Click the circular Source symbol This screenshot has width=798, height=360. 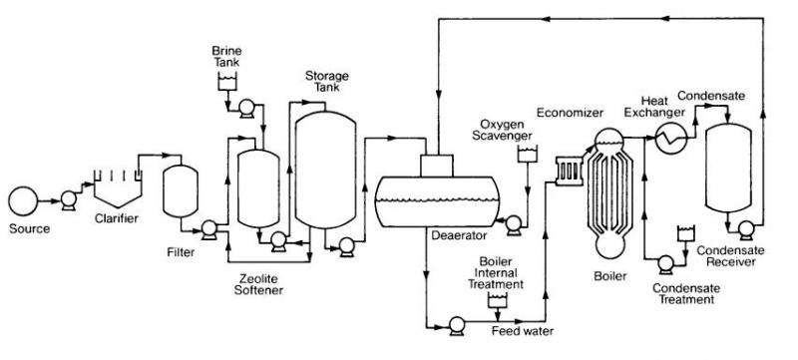[23, 200]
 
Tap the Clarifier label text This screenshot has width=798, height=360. [117, 219]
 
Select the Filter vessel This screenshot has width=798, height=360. [181, 191]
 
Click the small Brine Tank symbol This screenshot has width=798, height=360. [227, 82]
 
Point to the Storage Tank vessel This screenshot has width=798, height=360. [326, 170]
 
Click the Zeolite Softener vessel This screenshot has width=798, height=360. [258, 188]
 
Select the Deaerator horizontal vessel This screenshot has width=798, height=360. [437, 201]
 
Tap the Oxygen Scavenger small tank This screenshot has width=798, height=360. [527, 154]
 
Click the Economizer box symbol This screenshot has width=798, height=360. [569, 171]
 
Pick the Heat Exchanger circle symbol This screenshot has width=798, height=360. [671, 138]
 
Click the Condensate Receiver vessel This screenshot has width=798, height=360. [728, 169]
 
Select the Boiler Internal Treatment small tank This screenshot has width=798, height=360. [497, 300]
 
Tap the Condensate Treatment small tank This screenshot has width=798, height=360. [685, 233]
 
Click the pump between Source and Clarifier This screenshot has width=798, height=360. [68, 199]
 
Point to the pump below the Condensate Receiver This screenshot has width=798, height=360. [746, 229]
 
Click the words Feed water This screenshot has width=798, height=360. [522, 331]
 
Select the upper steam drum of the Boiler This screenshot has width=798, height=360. [609, 140]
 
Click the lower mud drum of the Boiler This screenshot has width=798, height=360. [609, 246]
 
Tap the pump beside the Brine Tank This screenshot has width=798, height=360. [246, 108]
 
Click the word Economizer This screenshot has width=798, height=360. [570, 113]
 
